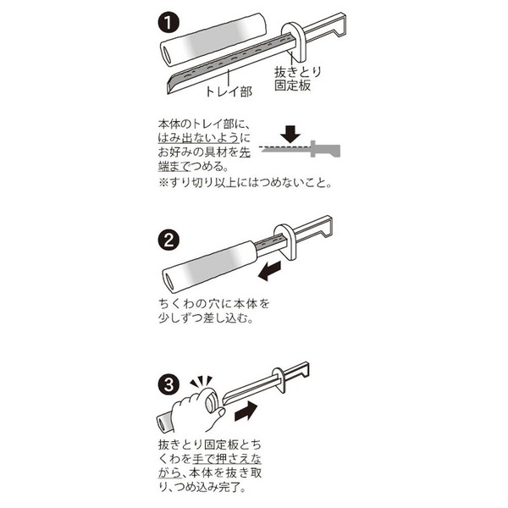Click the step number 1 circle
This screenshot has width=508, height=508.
[x=168, y=23]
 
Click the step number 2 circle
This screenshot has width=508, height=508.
[x=168, y=240]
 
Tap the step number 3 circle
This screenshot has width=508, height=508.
[x=168, y=385]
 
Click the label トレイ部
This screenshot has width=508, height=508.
[x=229, y=91]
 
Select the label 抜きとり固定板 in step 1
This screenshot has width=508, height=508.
[x=297, y=79]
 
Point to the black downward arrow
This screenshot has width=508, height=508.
[x=290, y=133]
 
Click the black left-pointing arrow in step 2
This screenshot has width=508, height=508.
[x=269, y=271]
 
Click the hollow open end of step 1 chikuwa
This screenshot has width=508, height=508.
[x=167, y=54]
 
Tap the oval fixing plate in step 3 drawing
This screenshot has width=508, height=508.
[x=279, y=380]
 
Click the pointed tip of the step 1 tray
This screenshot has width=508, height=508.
[x=168, y=93]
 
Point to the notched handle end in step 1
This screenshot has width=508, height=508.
[x=340, y=25]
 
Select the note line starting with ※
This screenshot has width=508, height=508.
[x=246, y=183]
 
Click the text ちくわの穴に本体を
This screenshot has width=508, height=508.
[x=214, y=304]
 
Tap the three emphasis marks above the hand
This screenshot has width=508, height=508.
[x=201, y=382]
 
